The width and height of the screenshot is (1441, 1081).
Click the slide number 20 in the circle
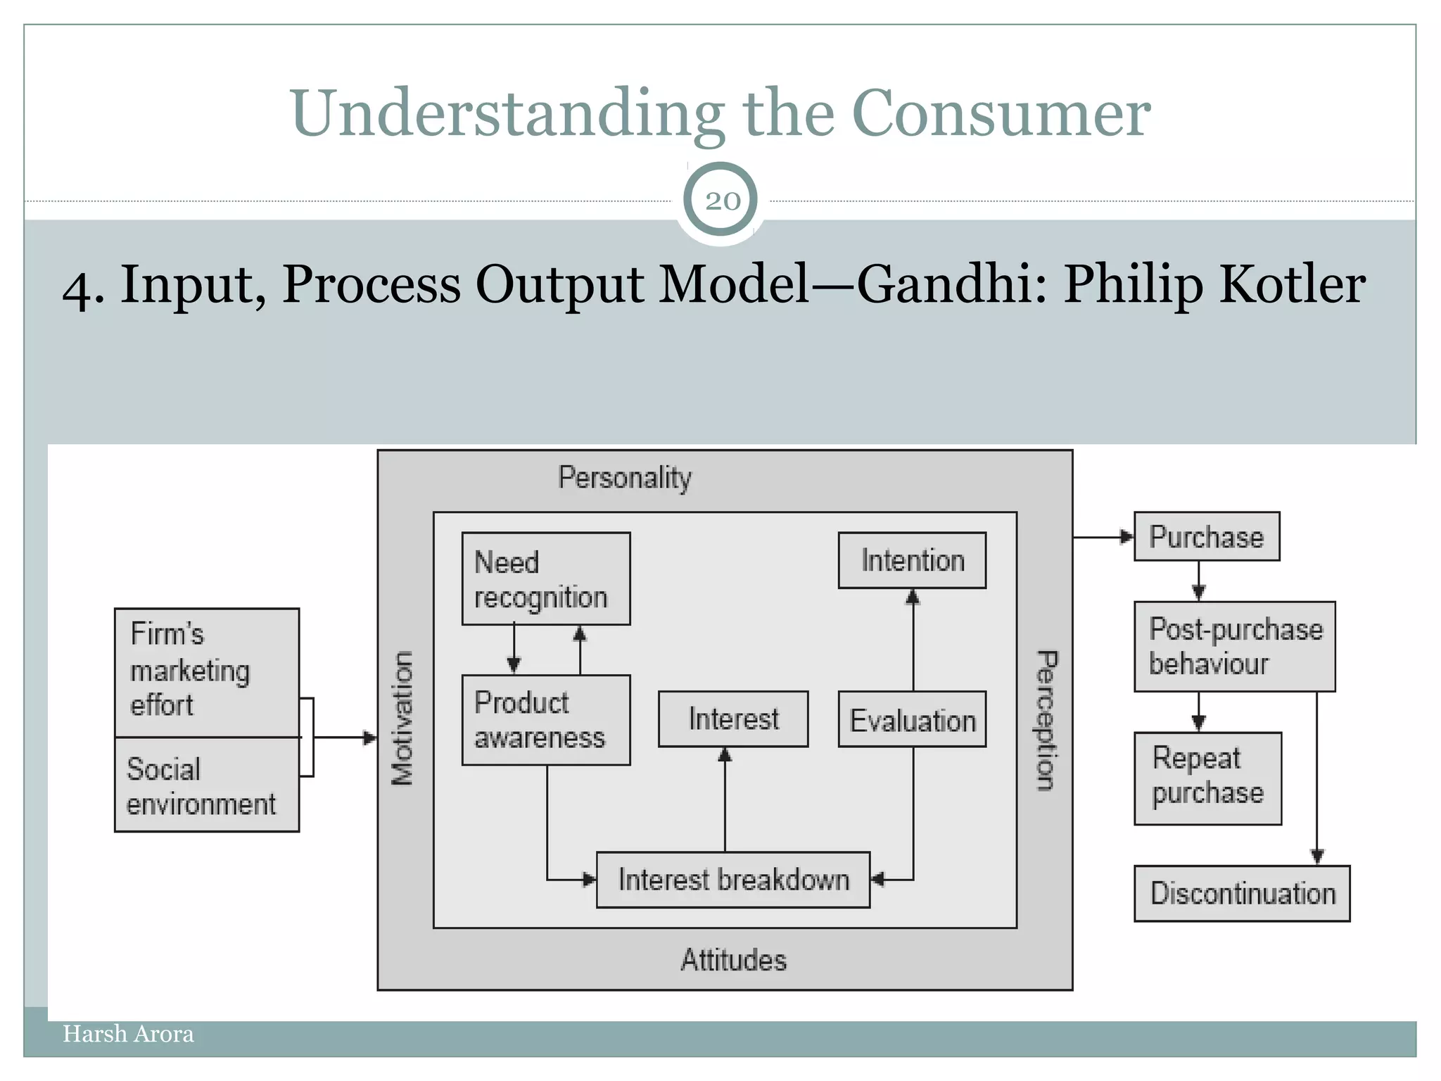click(x=721, y=201)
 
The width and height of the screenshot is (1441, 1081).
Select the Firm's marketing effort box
click(x=207, y=672)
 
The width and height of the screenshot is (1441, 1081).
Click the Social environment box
click(x=207, y=785)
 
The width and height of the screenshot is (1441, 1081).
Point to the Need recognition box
click(x=545, y=579)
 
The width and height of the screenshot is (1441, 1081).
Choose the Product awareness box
click(x=545, y=720)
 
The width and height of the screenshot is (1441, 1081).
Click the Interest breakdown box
click(x=732, y=880)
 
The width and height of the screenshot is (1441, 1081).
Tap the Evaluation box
click(x=912, y=720)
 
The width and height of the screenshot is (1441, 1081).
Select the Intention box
click(x=912, y=561)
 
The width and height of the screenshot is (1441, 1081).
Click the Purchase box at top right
click(x=1206, y=537)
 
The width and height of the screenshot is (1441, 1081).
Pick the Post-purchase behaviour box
click(x=1234, y=646)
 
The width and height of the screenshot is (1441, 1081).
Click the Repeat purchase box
click(x=1207, y=777)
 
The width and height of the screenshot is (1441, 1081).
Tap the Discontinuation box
click(x=1242, y=893)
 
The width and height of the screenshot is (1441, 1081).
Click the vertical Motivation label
click(x=402, y=718)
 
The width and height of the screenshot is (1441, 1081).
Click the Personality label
click(x=625, y=478)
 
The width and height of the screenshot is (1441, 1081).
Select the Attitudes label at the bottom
click(x=733, y=960)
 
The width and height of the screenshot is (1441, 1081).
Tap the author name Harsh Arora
click(x=128, y=1034)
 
